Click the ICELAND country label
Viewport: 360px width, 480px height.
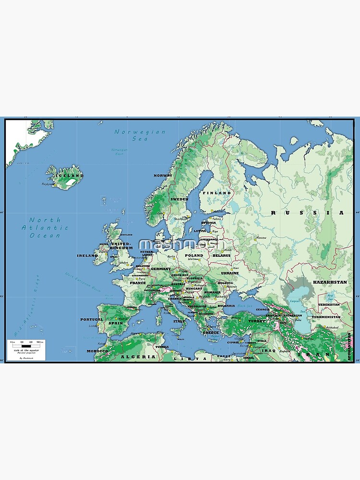tap(70, 176)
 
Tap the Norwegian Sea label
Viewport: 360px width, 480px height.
tap(140, 135)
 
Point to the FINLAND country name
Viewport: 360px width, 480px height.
tap(216, 193)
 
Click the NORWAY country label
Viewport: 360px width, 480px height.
tap(163, 176)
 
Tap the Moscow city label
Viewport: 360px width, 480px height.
tap(261, 238)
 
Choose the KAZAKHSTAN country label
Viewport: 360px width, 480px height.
tap(329, 283)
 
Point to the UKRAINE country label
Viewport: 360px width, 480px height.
tap(229, 273)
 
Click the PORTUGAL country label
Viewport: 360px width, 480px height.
tap(91, 319)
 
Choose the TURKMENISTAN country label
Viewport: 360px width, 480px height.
tap(325, 317)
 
